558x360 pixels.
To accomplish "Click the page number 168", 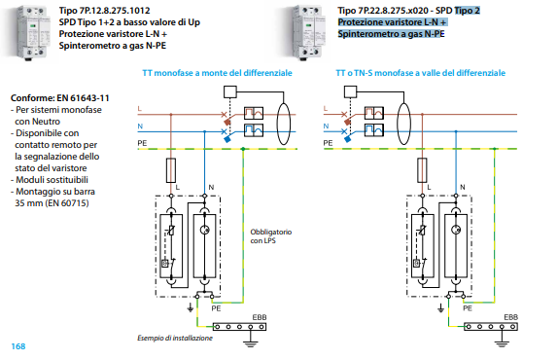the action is pos(18,346).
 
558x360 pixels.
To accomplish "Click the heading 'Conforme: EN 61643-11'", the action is pos(60,98).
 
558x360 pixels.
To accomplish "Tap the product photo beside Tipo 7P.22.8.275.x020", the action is pos(308,33).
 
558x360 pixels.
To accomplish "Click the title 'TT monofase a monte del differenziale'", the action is pos(217,73).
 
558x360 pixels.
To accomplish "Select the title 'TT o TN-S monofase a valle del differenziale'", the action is pos(420,73).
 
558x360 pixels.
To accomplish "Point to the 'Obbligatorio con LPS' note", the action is pos(271,236).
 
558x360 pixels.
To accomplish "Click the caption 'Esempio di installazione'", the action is pos(175,338).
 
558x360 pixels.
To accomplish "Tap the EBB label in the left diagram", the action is pos(260,317).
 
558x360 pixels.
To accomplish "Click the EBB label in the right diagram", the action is pos(510,317).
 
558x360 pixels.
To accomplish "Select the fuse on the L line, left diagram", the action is pos(171,170).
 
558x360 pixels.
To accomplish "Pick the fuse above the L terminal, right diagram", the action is pos(422,170).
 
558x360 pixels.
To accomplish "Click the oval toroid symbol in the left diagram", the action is pos(284,124).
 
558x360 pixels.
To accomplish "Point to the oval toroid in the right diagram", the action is pos(403,124).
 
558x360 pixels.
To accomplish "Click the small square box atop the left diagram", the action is pos(230,91).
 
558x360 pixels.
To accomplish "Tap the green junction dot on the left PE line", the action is pos(243,149).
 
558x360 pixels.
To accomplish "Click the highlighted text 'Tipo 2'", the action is pos(468,11).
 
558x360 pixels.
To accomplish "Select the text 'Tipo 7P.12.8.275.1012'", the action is pos(104,11).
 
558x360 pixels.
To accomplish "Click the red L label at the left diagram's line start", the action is pos(140,109).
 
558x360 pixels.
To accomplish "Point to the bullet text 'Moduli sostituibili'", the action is pos(52,180).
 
